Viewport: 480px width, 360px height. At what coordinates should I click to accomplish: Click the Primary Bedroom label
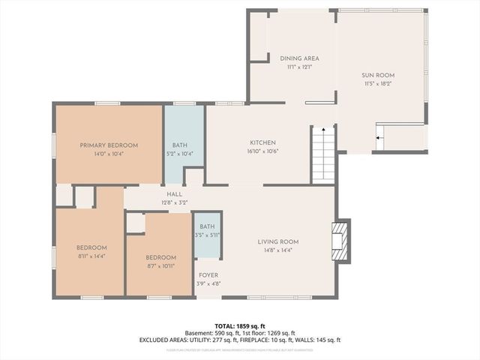[x=109, y=145]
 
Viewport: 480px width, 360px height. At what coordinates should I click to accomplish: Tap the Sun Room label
[x=378, y=76]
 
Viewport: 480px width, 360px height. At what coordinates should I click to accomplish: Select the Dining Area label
[x=299, y=58]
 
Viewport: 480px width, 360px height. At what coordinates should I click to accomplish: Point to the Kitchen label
[x=262, y=142]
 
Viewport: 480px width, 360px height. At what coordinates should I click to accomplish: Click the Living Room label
[x=278, y=241]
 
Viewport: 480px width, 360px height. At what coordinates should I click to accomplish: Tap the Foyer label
[x=208, y=275]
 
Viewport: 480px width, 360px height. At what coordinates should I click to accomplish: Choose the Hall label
[x=174, y=194]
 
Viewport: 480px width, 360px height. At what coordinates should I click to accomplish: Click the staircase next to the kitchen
[x=323, y=154]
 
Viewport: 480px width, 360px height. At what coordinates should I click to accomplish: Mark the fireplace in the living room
[x=341, y=241]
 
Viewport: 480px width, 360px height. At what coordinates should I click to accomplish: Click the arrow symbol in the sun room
[x=379, y=138]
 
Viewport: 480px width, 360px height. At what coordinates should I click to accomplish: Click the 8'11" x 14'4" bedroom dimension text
[x=91, y=256]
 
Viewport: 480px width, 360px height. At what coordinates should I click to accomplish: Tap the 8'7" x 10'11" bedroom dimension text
[x=161, y=265]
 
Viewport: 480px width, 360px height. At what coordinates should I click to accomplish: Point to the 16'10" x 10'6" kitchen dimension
[x=262, y=151]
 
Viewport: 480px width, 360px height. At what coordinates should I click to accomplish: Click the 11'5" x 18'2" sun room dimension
[x=378, y=84]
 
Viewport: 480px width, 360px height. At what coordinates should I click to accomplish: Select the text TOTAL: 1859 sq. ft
[x=240, y=326]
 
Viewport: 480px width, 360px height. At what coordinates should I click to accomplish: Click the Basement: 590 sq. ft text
[x=211, y=333]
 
